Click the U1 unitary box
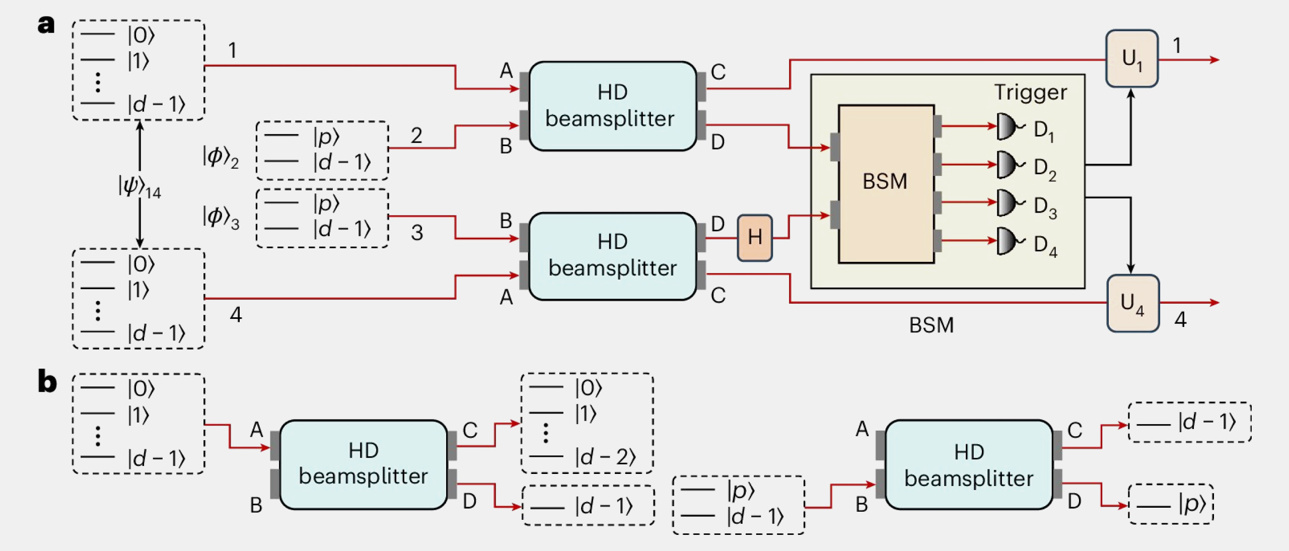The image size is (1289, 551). click(x=1131, y=59)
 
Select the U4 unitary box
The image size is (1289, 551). click(x=1132, y=303)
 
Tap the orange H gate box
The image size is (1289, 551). click(x=754, y=237)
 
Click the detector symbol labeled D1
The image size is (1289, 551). click(x=1008, y=127)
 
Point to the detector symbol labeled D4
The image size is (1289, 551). click(x=1008, y=241)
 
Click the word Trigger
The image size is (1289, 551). click(x=1030, y=92)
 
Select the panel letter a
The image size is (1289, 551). click(x=46, y=24)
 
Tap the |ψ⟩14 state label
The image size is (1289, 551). click(x=139, y=187)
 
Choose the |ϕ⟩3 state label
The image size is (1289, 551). click(x=221, y=217)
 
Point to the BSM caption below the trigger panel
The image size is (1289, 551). click(x=931, y=325)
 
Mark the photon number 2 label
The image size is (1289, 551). click(x=416, y=135)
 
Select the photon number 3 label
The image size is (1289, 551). click(x=416, y=233)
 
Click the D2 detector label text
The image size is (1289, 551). click(x=1045, y=168)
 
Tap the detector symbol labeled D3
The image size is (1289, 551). click(x=1008, y=202)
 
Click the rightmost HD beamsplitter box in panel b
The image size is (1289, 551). click(x=968, y=465)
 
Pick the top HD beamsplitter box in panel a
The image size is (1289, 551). click(x=612, y=106)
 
